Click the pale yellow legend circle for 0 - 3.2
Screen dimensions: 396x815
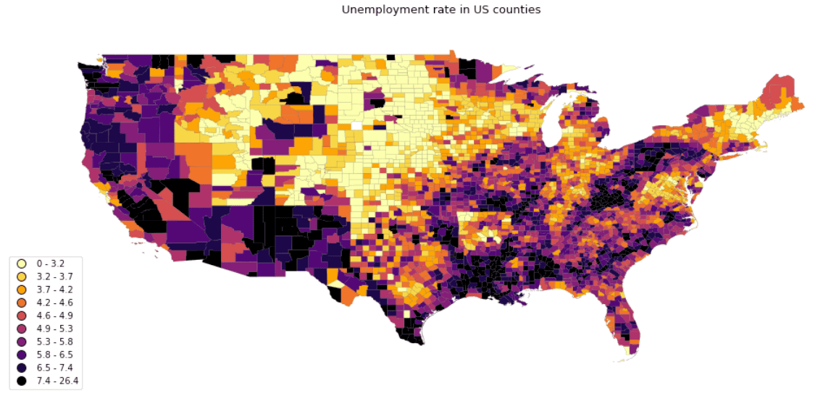(x=22, y=264)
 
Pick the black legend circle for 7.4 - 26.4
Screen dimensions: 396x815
(x=22, y=381)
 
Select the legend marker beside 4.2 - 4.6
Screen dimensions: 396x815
(x=22, y=303)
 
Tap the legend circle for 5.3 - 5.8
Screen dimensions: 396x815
(x=22, y=342)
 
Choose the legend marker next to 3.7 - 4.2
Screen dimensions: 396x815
(x=22, y=290)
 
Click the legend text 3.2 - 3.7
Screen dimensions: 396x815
(x=54, y=277)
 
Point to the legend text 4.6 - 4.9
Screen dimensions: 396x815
(x=54, y=316)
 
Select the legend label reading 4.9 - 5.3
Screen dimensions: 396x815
(x=54, y=329)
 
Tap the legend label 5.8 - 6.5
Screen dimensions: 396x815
(x=54, y=355)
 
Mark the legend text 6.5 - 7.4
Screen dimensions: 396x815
(x=54, y=368)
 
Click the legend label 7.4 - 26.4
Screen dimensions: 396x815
(x=57, y=381)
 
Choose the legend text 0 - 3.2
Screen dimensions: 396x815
(x=51, y=264)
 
